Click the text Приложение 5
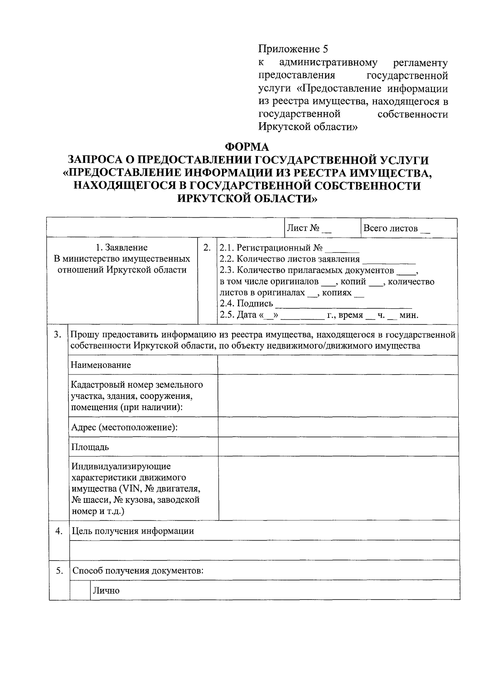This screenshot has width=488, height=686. click(x=293, y=49)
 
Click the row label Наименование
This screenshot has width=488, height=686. click(x=101, y=365)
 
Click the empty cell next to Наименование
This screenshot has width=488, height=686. click(x=338, y=365)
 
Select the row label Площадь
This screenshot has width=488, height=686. click(x=90, y=447)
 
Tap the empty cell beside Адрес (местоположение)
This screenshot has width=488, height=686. click(x=338, y=427)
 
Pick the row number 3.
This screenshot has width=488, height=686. click(x=58, y=335)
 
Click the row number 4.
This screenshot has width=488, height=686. click(x=59, y=531)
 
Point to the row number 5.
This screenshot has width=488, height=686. click(x=59, y=571)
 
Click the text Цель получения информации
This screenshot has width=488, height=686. click(x=133, y=531)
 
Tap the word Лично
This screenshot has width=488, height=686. click(x=106, y=591)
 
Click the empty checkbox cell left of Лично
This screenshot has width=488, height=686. click(x=80, y=590)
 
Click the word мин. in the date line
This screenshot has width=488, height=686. click(x=409, y=315)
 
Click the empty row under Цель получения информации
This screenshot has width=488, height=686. click(x=264, y=550)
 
